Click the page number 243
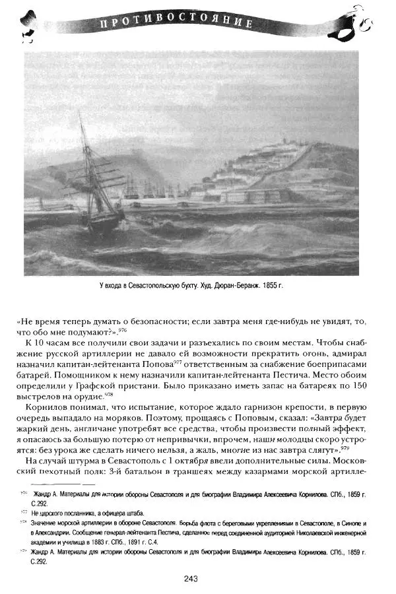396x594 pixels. pos(191,579)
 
